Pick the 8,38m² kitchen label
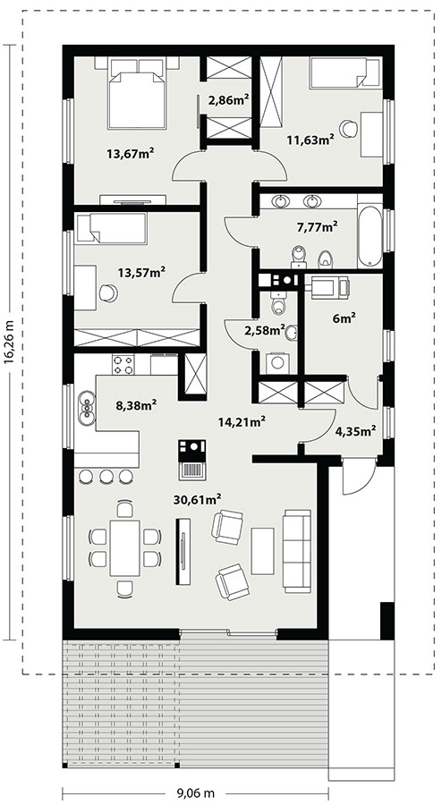pos(136,405)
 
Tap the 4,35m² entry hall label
pos(356,430)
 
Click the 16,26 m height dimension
pos(9,342)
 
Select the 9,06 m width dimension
pos(196,793)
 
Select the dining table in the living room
pos(124,547)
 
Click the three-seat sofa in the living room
pos(297,551)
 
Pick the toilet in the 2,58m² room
pos(277,304)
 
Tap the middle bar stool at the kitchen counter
pos(106,477)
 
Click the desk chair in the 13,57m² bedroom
pos(108,292)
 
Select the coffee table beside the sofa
pos(262,551)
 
